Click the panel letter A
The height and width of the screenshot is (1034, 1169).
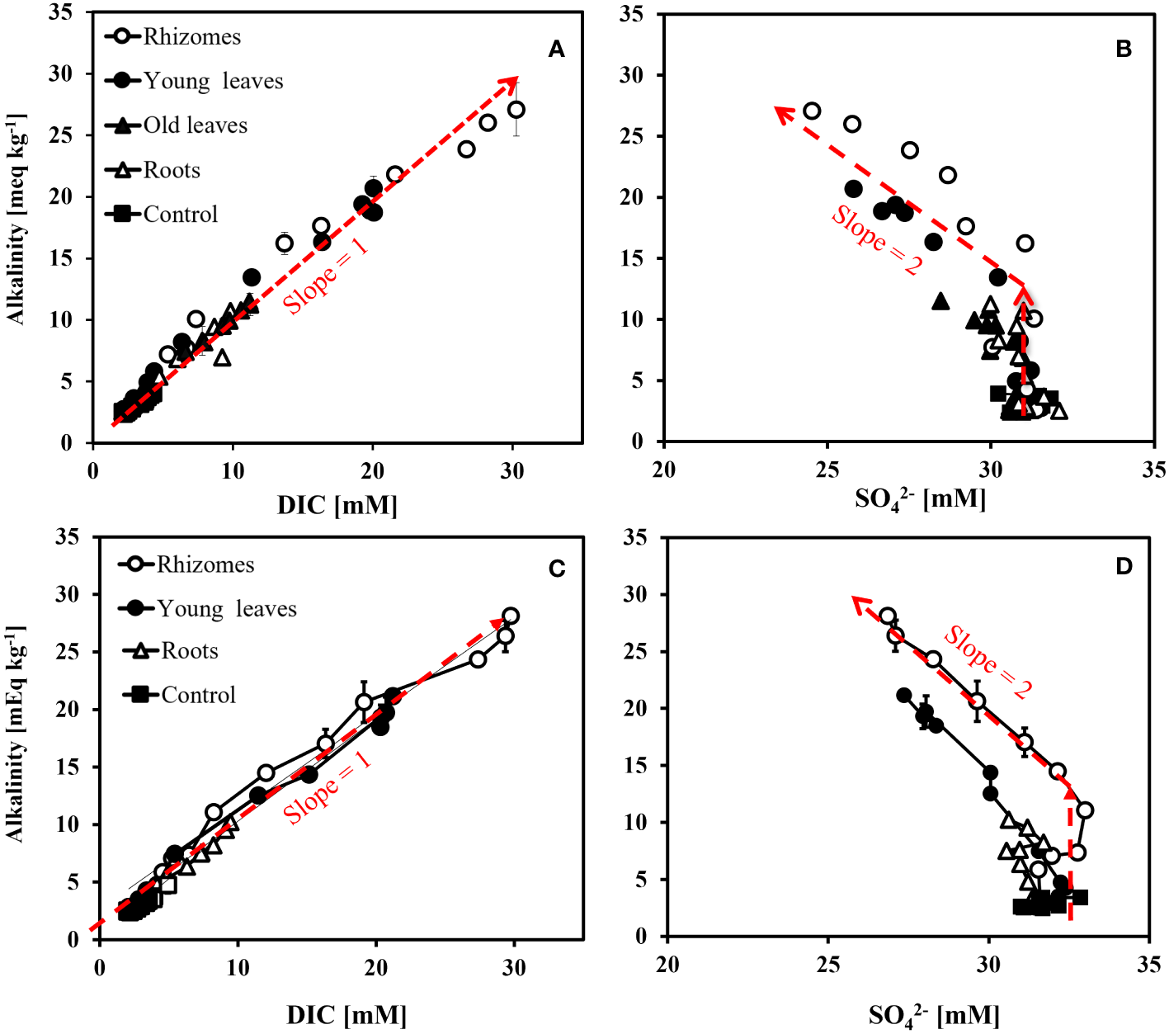(557, 50)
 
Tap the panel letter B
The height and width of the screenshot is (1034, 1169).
(1123, 50)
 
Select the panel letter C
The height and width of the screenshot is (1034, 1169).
(557, 569)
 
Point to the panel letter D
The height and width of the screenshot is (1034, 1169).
(1124, 567)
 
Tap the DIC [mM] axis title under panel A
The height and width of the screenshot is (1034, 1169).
(337, 504)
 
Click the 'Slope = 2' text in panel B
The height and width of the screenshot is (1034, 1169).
(876, 240)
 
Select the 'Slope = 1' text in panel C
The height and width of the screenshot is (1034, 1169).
(328, 788)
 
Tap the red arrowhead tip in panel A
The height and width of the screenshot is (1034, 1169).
(516, 78)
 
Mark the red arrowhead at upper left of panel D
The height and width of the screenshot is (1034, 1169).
(855, 600)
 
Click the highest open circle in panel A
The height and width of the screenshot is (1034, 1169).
(516, 110)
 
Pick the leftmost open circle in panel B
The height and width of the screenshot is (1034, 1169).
(812, 111)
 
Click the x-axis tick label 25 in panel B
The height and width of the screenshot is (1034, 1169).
(827, 470)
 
